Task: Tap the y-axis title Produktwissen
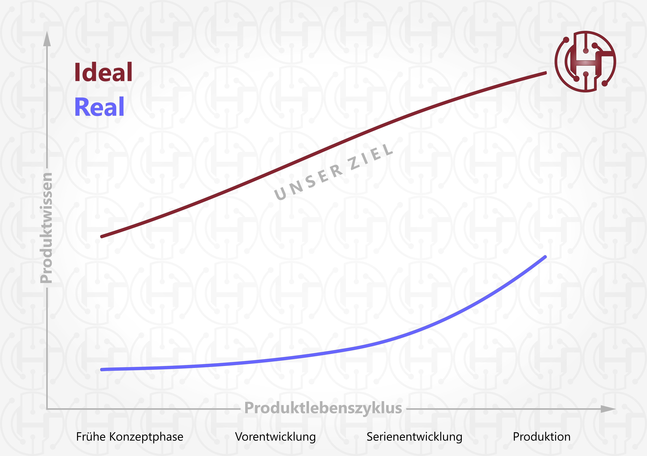coord(46,228)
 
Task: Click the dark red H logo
coord(585,61)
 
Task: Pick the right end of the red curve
coord(546,73)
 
